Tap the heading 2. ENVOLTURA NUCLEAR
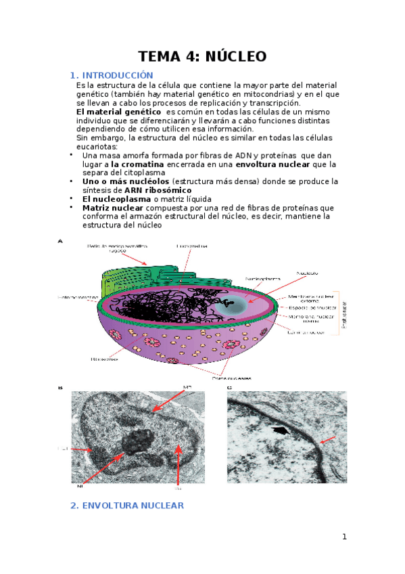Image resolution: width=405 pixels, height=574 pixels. pyautogui.click(x=127, y=505)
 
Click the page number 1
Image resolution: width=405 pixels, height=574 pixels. pyautogui.click(x=344, y=537)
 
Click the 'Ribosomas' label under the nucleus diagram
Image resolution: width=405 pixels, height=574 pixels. pyautogui.click(x=103, y=359)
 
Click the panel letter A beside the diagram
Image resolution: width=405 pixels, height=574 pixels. pyautogui.click(x=61, y=240)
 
